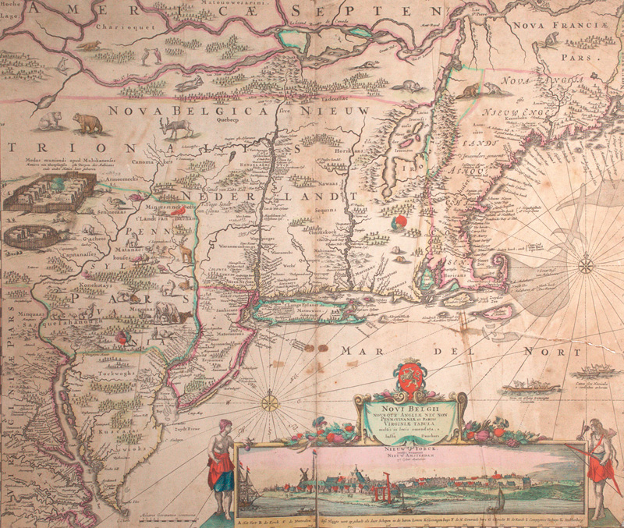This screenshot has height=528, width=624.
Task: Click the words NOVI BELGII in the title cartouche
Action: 410,405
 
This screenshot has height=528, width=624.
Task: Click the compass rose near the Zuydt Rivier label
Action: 269,403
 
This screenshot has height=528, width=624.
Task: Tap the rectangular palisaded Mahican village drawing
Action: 50,192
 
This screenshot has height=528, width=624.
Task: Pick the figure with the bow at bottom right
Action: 599,460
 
